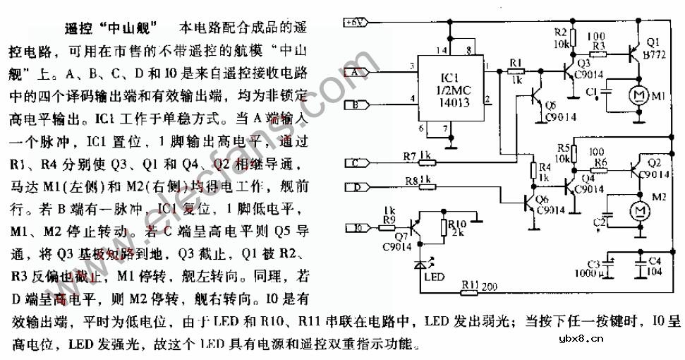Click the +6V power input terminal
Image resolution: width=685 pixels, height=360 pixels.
coord(355,22)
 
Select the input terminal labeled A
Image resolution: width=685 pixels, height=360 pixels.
coord(355,71)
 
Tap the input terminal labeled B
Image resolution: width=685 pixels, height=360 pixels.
coord(355,106)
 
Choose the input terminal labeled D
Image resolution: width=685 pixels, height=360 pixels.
coord(355,187)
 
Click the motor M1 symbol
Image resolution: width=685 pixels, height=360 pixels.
coord(640,94)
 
